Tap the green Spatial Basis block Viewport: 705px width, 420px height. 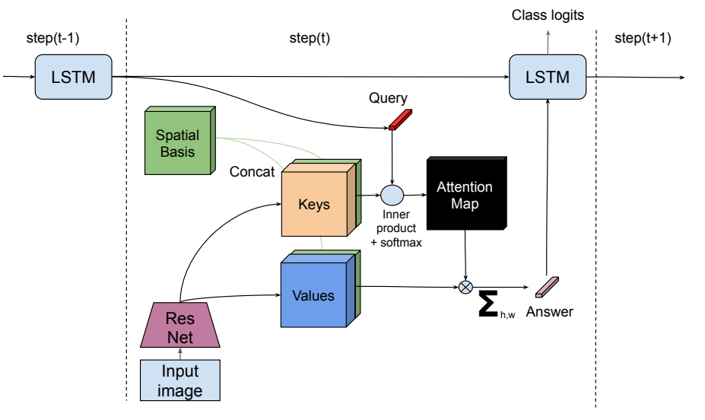coord(176,144)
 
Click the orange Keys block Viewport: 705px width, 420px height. coord(314,204)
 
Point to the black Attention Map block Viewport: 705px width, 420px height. coord(464,195)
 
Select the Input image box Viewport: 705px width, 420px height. coord(180,381)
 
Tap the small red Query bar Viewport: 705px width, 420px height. coord(400,119)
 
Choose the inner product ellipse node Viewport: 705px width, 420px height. coord(391,196)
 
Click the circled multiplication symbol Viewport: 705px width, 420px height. coord(466,287)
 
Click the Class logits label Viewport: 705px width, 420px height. coord(548,15)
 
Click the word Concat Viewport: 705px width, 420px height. coord(252,172)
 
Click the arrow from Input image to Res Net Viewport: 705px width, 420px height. coord(180,353)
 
